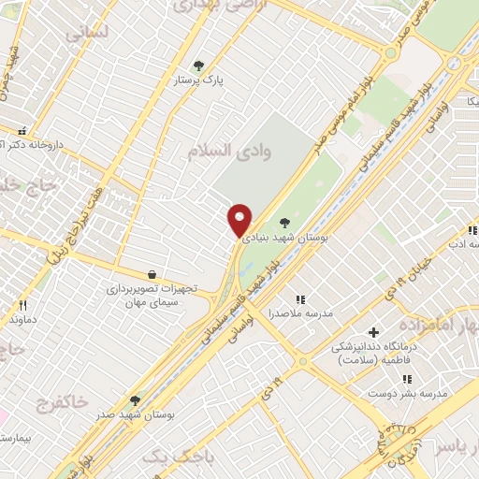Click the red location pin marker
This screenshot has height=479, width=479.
tap(240, 219)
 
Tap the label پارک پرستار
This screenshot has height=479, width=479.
tap(198, 81)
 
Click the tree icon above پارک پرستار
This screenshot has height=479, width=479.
tap(198, 65)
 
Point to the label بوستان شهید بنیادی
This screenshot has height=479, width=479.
tap(284, 239)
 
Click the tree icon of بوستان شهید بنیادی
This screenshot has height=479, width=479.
tap(284, 222)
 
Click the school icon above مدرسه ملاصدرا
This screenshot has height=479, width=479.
tap(300, 299)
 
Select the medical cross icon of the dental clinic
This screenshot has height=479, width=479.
tap(373, 332)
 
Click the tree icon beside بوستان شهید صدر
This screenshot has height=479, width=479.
tap(136, 400)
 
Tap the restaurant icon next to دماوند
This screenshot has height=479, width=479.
tap(22, 305)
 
